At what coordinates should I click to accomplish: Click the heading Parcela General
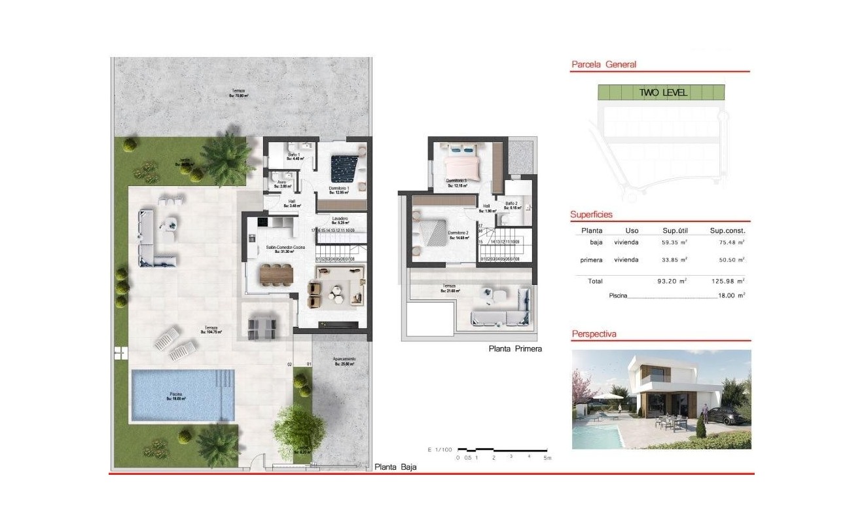(x=603, y=64)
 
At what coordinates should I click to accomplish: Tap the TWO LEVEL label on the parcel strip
(x=663, y=92)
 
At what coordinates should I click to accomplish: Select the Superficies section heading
(x=591, y=214)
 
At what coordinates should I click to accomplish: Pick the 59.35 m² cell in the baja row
(x=674, y=242)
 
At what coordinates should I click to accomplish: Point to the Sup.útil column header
(x=674, y=231)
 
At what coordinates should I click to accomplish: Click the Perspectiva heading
(x=594, y=333)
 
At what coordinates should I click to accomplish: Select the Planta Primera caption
(x=515, y=349)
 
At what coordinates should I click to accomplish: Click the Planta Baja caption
(x=395, y=467)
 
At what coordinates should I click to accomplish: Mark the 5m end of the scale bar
(x=547, y=458)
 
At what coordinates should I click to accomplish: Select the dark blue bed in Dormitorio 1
(x=343, y=168)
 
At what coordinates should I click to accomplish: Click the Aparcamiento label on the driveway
(x=344, y=360)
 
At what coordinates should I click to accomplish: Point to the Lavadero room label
(x=339, y=219)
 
